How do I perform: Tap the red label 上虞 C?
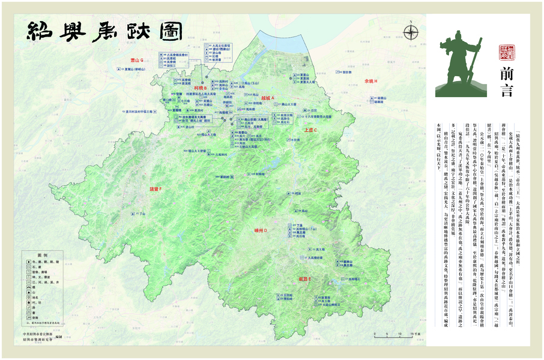(310, 130)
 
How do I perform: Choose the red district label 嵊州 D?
(263, 230)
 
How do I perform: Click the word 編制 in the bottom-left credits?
(58, 338)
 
